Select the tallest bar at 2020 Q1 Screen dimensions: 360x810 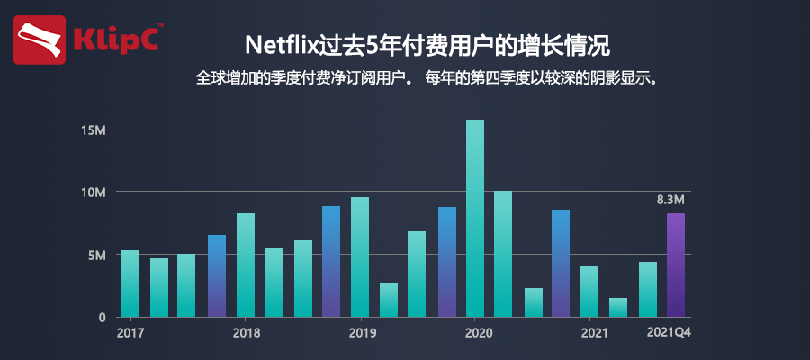[475, 218]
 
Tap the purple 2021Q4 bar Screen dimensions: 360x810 [676, 265]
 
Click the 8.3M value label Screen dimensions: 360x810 [672, 199]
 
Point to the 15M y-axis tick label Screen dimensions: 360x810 [94, 130]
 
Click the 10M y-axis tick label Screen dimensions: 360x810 [94, 193]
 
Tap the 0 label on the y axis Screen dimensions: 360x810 [103, 318]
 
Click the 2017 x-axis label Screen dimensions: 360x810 [130, 333]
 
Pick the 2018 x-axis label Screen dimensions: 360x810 [246, 333]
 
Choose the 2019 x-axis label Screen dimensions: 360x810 [360, 333]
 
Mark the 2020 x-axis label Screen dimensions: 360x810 [475, 333]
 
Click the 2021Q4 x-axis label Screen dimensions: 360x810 [674, 333]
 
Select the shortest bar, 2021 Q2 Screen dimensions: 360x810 [618, 307]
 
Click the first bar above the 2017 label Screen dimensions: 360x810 [130, 283]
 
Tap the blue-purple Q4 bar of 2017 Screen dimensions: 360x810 [217, 275]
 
